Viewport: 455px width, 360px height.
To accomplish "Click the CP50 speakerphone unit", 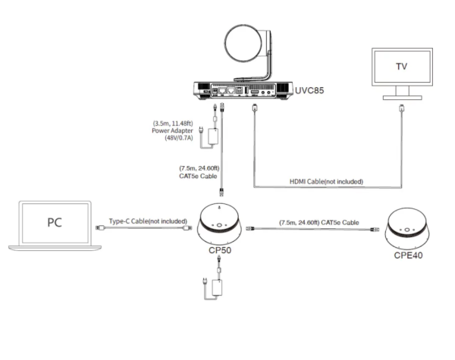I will click(220, 226).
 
